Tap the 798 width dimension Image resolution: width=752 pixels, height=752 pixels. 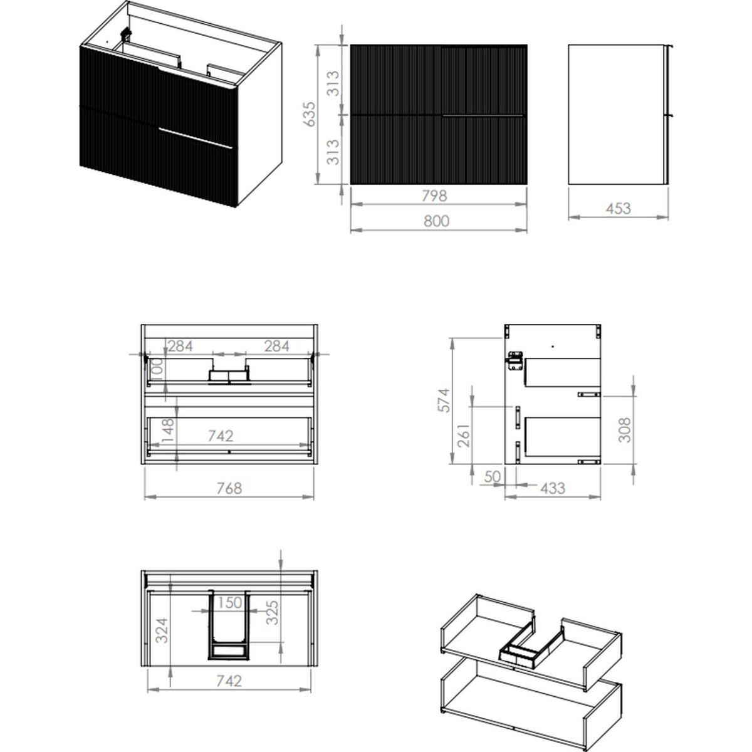tap(434, 196)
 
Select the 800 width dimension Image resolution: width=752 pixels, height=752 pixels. tap(437, 221)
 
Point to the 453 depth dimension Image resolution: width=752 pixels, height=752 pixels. tap(618, 209)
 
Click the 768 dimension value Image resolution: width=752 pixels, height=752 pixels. tap(229, 488)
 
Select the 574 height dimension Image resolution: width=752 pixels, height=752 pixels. tap(444, 400)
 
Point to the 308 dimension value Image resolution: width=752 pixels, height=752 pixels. tap(625, 430)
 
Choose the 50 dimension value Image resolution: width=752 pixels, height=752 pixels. tap(492, 476)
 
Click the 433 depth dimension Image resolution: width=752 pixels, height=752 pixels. tap(553, 488)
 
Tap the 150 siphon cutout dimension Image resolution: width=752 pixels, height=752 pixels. tap(229, 602)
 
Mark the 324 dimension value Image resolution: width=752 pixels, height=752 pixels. tap(162, 630)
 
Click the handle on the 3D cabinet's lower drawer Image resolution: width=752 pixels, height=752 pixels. tap(196, 138)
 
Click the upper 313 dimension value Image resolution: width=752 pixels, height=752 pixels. tap(333, 83)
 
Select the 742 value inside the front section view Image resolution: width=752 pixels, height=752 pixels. tap(221, 436)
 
